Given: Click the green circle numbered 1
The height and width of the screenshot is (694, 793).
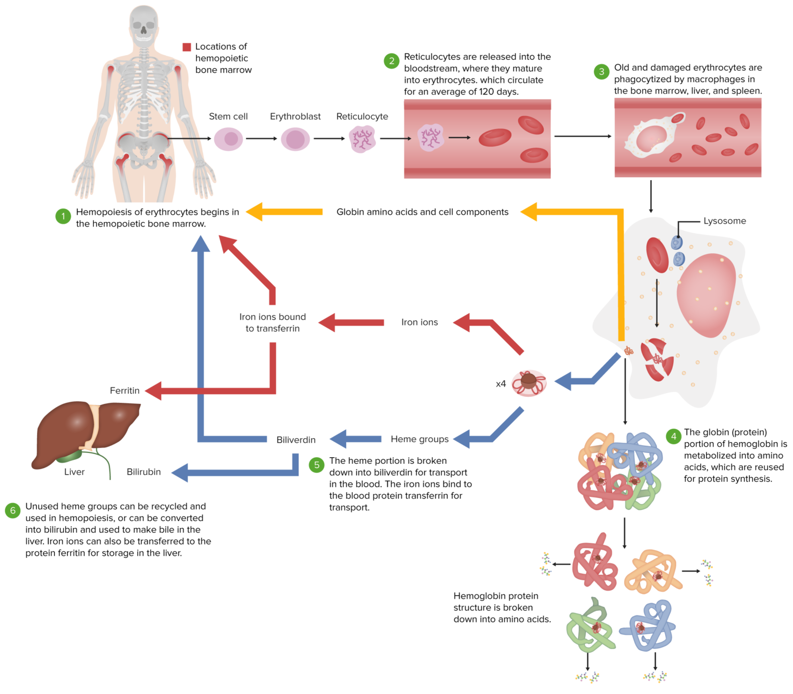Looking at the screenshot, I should [63, 216].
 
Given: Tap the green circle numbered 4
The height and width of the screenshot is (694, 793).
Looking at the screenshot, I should [673, 437].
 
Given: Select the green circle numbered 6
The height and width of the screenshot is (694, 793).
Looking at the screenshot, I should [12, 511].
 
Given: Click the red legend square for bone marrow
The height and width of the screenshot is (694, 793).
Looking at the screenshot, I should [187, 47].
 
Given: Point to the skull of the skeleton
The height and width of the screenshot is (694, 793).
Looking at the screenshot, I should [144, 23].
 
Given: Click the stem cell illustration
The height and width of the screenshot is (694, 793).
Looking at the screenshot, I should [229, 139].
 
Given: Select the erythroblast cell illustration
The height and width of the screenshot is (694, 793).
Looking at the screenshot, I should [295, 139].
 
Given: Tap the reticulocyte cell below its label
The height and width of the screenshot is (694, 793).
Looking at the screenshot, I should [362, 139].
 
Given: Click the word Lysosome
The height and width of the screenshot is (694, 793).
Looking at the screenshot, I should [724, 221].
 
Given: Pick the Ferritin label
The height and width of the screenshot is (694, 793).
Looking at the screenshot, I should [124, 391].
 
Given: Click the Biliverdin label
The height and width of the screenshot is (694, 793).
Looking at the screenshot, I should [296, 440].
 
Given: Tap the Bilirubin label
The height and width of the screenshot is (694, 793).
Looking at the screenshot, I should [144, 472].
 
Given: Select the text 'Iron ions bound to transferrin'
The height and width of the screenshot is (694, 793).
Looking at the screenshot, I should [273, 322].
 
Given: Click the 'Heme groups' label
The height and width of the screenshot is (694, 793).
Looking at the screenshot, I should [420, 439].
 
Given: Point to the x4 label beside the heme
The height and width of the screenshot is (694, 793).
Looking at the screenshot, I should [500, 384].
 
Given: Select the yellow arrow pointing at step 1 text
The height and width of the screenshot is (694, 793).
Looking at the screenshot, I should [284, 212].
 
